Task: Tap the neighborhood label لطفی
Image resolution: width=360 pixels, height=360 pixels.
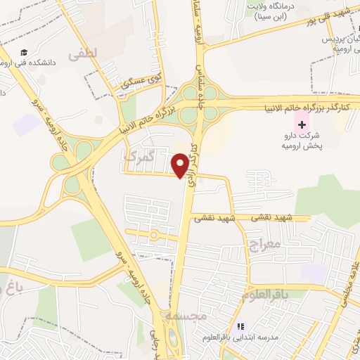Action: (84, 53)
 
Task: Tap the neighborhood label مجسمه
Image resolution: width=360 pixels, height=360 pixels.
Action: (186, 317)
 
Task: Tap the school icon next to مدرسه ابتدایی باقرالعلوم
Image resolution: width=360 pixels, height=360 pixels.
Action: (241, 327)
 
